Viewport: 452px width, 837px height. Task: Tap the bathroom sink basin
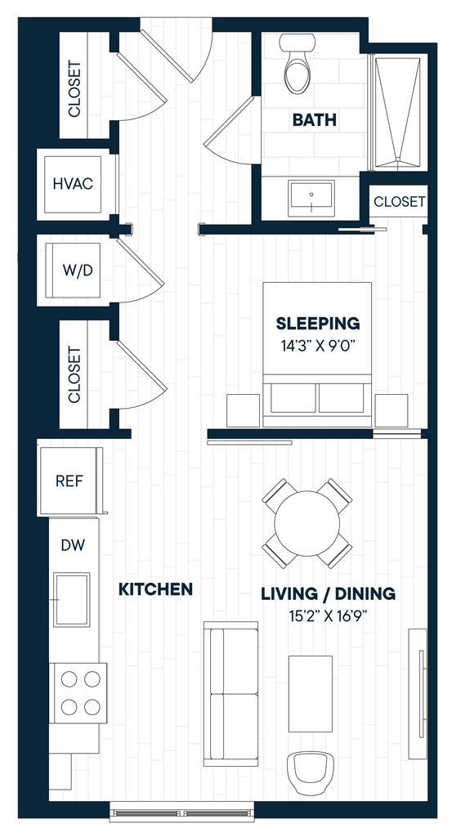click(x=311, y=198)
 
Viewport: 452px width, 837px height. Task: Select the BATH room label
click(x=315, y=120)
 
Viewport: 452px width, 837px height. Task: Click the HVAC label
click(x=73, y=184)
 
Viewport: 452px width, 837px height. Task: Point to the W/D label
click(x=78, y=271)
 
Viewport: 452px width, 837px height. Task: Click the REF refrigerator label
click(x=69, y=481)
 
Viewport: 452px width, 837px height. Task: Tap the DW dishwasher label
click(x=73, y=545)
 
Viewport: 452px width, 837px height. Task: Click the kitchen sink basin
click(x=71, y=599)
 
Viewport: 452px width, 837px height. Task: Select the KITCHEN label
click(x=155, y=589)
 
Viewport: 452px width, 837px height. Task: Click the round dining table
click(x=307, y=523)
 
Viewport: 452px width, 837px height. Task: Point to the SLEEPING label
click(x=318, y=324)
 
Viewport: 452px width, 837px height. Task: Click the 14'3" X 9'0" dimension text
click(x=318, y=345)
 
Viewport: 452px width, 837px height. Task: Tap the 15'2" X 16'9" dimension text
click(x=329, y=617)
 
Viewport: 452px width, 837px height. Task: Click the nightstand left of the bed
click(x=244, y=410)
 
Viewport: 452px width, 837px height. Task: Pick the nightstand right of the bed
click(x=392, y=410)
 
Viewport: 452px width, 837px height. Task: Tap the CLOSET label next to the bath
click(x=399, y=202)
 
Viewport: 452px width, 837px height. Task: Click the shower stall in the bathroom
click(x=398, y=112)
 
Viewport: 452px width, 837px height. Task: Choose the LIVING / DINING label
click(x=329, y=593)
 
